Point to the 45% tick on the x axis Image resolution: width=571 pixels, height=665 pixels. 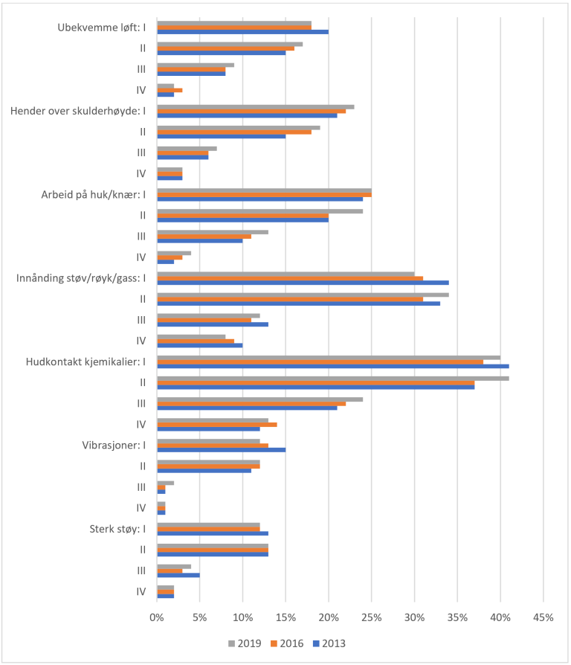pos(543,618)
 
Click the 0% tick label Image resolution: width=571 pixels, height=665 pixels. pos(157,618)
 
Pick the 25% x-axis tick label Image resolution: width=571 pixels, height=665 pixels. pos(371,618)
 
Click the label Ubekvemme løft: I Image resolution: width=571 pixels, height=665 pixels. pos(102,28)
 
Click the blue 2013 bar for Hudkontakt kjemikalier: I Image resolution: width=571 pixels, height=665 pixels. pos(332,366)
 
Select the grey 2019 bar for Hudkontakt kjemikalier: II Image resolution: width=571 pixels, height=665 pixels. pos(332,378)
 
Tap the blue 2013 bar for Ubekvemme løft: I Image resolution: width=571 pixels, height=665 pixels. pos(242,32)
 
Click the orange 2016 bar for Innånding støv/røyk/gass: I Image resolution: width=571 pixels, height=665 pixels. pos(290,278)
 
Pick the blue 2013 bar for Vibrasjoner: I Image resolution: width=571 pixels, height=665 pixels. pos(221,449)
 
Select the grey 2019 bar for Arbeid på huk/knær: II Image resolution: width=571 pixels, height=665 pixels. pos(259,211)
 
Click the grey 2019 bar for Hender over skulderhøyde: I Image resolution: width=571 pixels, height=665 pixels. pos(255,106)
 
